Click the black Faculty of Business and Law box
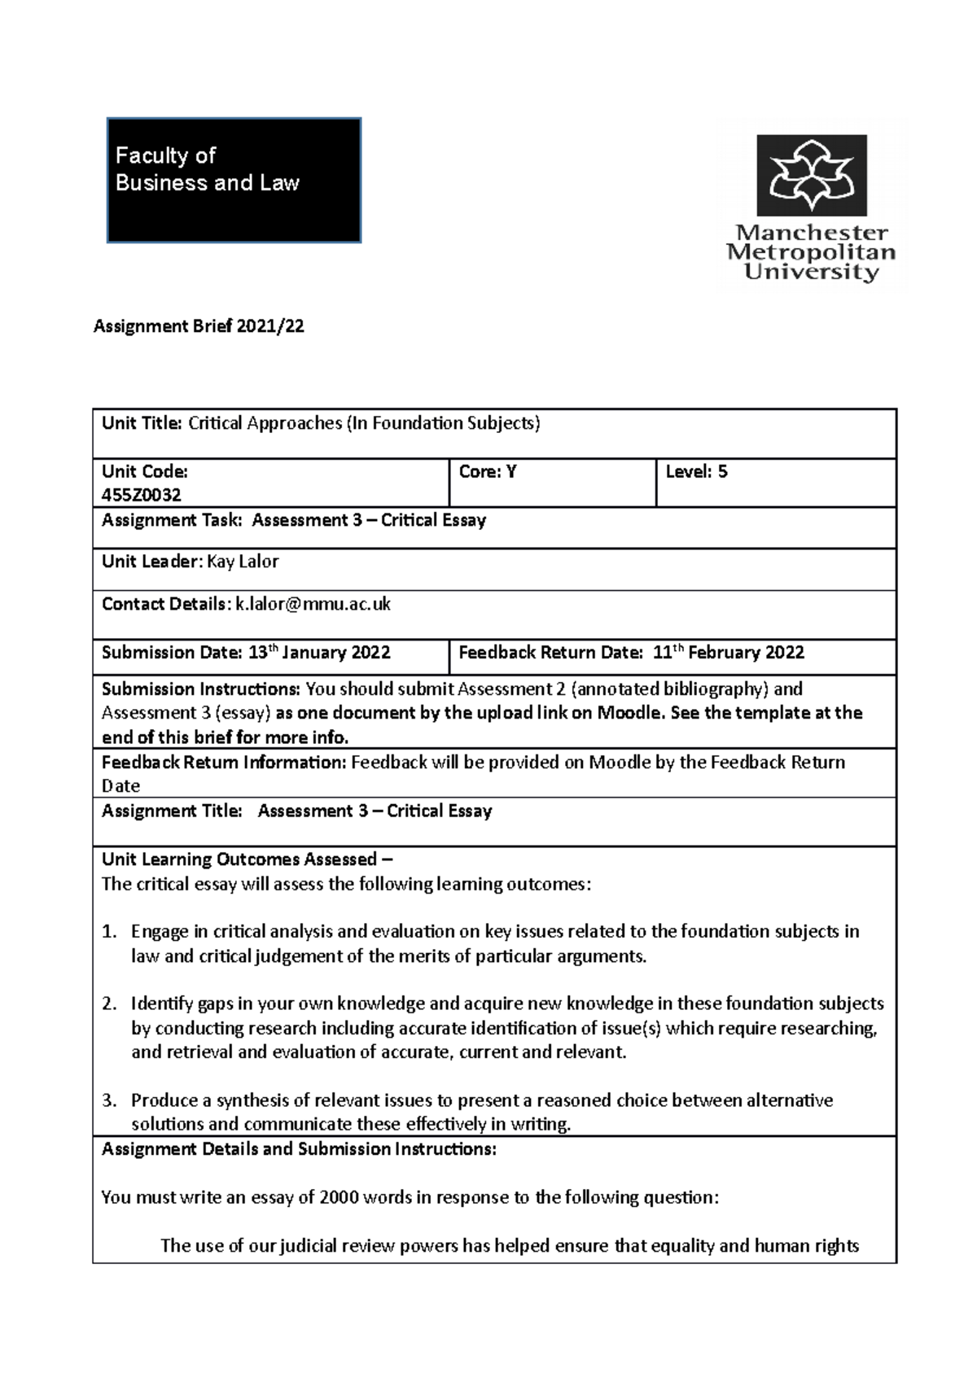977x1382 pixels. [x=234, y=180]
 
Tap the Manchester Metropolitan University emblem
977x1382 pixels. [x=811, y=175]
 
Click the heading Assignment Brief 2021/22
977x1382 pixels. [x=199, y=326]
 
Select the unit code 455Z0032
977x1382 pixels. [x=141, y=495]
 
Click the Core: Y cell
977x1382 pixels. [x=488, y=471]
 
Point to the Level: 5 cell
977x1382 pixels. [x=696, y=471]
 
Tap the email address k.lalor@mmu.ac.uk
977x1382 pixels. [x=313, y=604]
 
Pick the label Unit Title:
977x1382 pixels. [x=142, y=423]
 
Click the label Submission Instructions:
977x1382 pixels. [x=201, y=689]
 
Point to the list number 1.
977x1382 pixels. [x=110, y=932]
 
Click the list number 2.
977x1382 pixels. [x=110, y=1004]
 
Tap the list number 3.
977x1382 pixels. [x=110, y=1101]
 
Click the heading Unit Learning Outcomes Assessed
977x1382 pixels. [x=239, y=859]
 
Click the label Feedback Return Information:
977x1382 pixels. [x=224, y=763]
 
